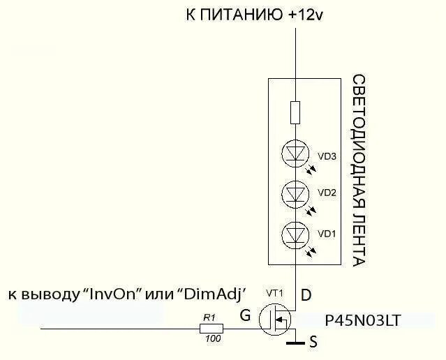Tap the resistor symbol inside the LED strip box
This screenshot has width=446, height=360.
[295, 112]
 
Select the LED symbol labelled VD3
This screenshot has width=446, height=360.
[295, 153]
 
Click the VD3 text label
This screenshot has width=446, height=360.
[327, 157]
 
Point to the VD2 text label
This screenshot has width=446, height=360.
[327, 192]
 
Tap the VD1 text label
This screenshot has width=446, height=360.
[327, 234]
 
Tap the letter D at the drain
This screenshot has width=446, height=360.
[306, 296]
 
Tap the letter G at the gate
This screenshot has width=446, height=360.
[244, 315]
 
